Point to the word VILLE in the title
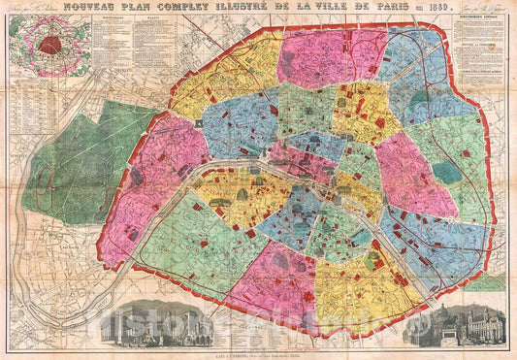[x=355, y=12]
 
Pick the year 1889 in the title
[x=447, y=13]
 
